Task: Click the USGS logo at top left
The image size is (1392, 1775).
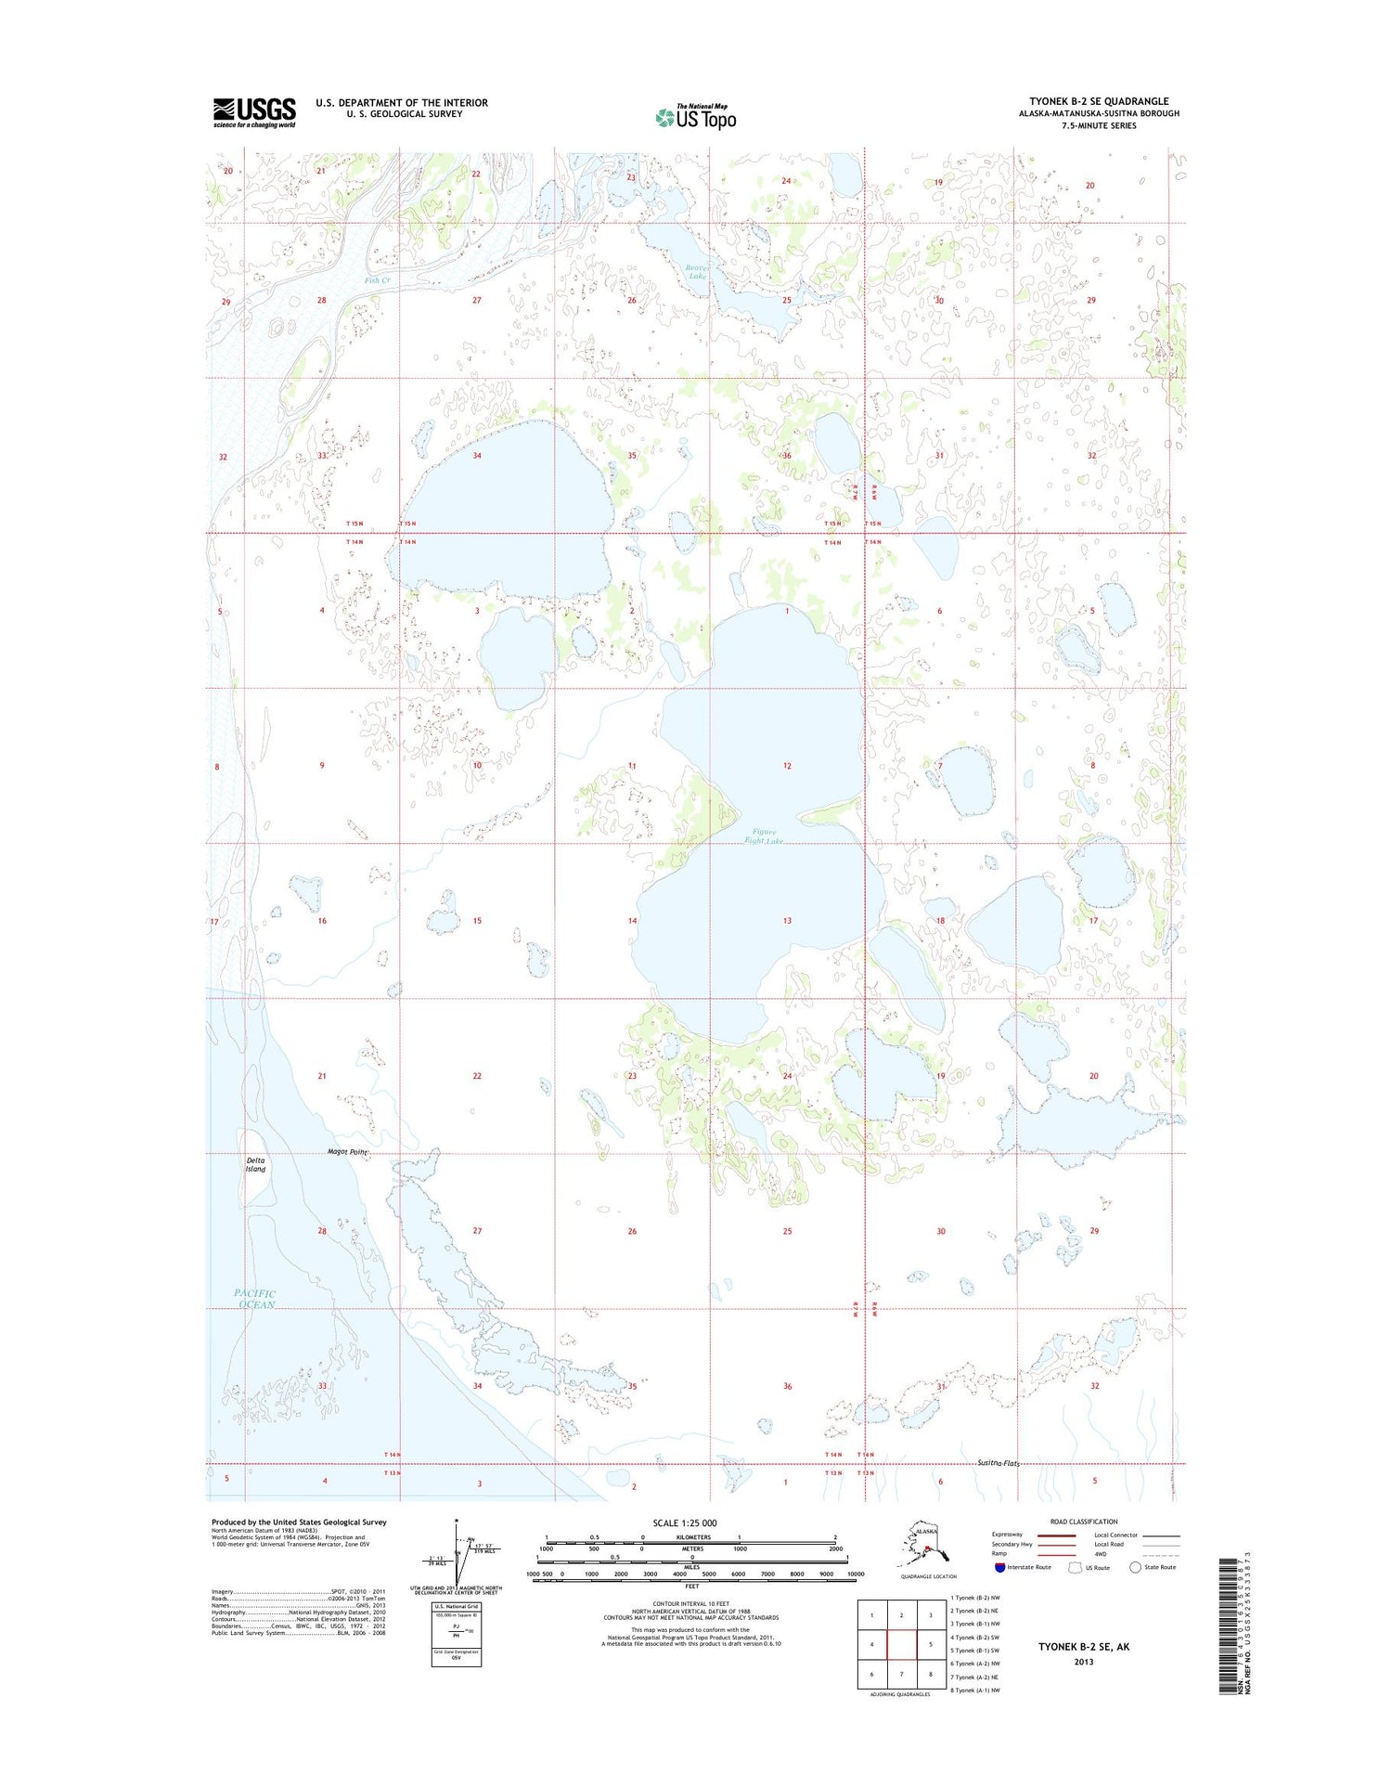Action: [x=254, y=112]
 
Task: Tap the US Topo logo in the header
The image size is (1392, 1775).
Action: [x=696, y=117]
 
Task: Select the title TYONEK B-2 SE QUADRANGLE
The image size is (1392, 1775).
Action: [x=1099, y=101]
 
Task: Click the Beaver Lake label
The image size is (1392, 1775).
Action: [x=696, y=271]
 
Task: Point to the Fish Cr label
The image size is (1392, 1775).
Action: [x=377, y=279]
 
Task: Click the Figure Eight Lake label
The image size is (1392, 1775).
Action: [x=765, y=836]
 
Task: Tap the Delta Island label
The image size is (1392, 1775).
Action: [x=255, y=1164]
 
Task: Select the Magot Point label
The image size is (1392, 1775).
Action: [x=347, y=1152]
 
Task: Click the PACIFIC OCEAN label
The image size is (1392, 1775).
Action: [x=255, y=1299]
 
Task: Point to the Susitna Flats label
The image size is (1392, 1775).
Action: [x=998, y=1463]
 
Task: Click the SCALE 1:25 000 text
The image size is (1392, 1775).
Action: [x=685, y=1522]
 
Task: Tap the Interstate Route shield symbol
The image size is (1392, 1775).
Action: [x=999, y=1567]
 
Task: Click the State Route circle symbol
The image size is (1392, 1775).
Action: [x=1135, y=1567]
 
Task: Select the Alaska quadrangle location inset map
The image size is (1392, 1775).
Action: [x=927, y=1546]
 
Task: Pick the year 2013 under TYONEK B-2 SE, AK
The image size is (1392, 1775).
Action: [x=1084, y=1662]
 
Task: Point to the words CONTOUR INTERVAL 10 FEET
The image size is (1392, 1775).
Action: [x=691, y=1603]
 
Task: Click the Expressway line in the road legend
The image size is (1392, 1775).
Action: [x=1056, y=1535]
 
